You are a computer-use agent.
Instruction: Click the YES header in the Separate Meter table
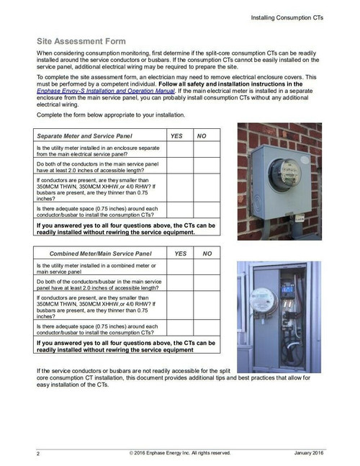click(x=177, y=135)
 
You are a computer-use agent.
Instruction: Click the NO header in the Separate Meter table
click(x=202, y=135)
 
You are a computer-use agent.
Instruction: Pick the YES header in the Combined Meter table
click(x=181, y=254)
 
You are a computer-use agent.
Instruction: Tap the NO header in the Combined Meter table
click(x=207, y=254)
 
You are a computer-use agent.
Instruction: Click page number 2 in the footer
click(x=38, y=454)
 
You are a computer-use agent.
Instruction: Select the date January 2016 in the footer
click(x=310, y=453)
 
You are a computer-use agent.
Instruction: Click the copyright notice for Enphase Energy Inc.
click(x=180, y=453)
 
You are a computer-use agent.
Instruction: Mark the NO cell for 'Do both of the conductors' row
click(x=202, y=166)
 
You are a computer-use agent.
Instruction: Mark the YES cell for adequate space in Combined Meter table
click(x=181, y=329)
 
